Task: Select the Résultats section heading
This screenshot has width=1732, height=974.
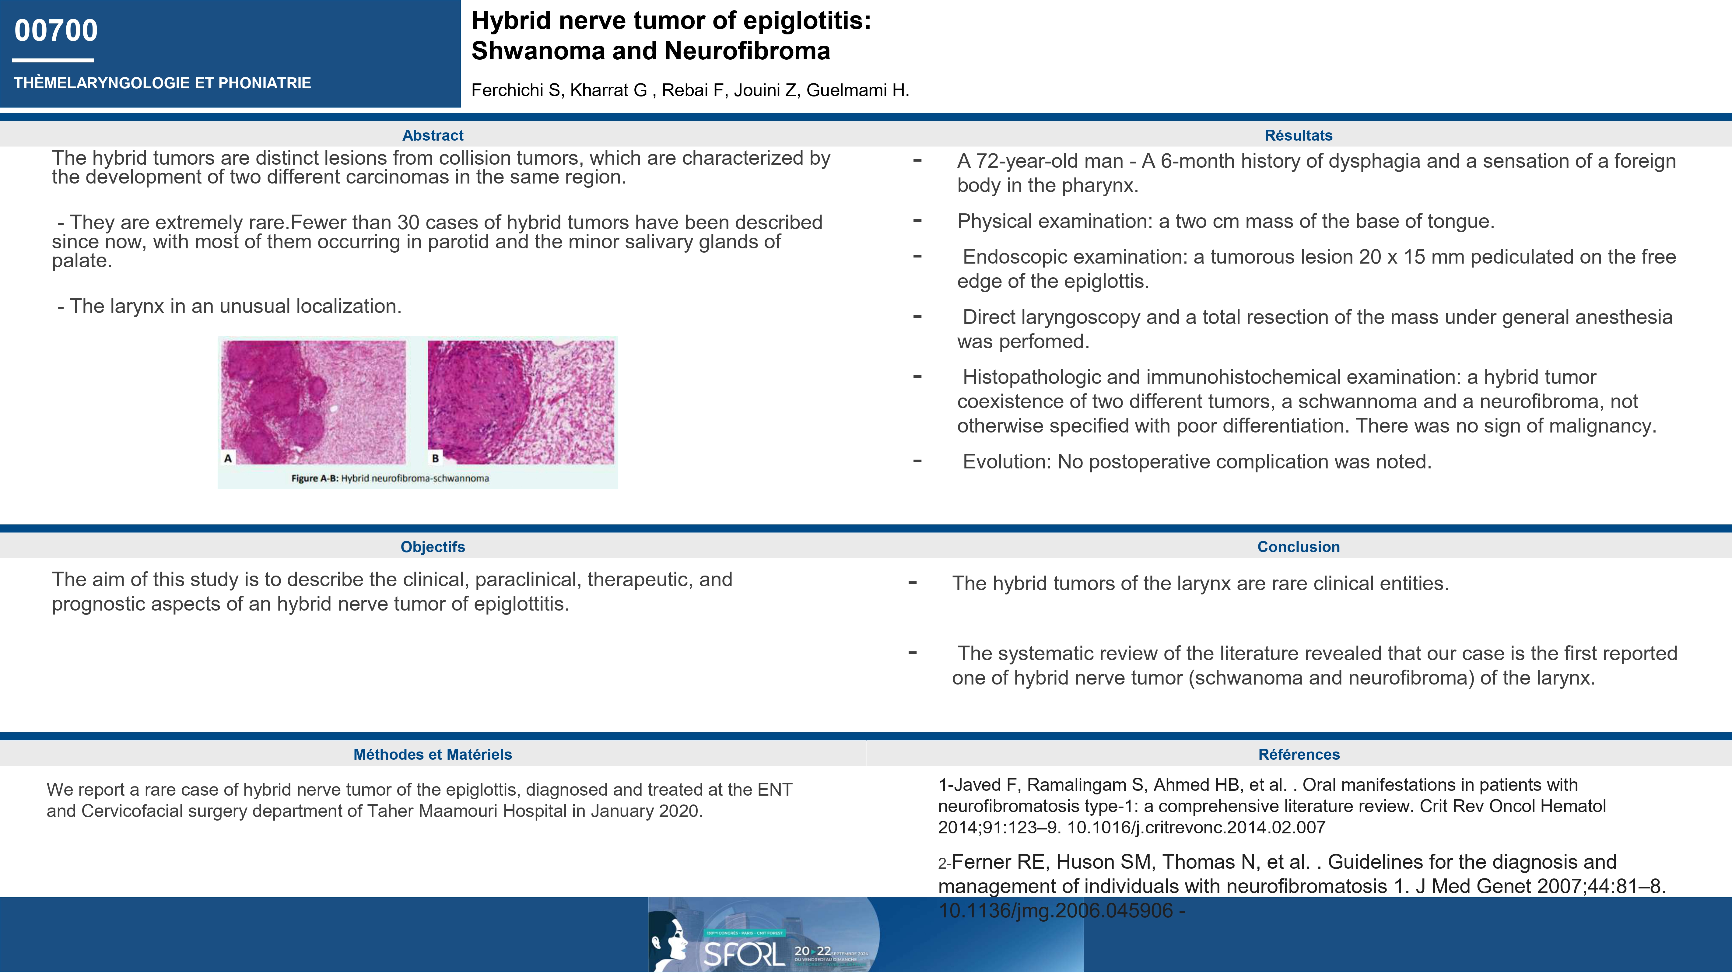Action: point(1298,135)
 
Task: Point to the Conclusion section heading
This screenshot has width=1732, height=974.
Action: point(1298,546)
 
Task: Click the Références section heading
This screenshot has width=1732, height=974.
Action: point(1298,754)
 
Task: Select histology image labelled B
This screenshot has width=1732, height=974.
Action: point(521,402)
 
